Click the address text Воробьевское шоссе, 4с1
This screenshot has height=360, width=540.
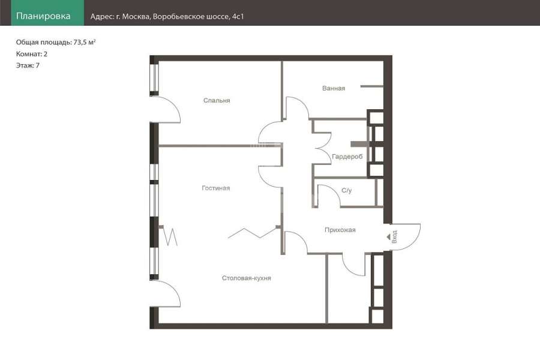pos(199,17)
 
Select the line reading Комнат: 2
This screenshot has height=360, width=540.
pos(32,54)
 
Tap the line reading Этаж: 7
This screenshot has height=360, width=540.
pos(28,65)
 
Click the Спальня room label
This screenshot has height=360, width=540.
pos(217,101)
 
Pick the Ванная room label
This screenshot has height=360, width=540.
pos(334,89)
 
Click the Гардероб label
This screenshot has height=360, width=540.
pos(347,157)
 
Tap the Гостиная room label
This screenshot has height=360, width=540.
pos(215,188)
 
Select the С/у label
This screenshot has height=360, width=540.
pos(346,191)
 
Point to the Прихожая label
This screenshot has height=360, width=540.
pos(340,230)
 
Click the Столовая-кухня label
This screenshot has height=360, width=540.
pos(246,278)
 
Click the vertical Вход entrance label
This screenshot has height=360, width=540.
pos(395,236)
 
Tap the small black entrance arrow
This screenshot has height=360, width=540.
pos(388,237)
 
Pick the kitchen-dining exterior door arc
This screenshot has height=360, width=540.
pos(174,290)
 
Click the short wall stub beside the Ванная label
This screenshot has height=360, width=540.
pos(371,86)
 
